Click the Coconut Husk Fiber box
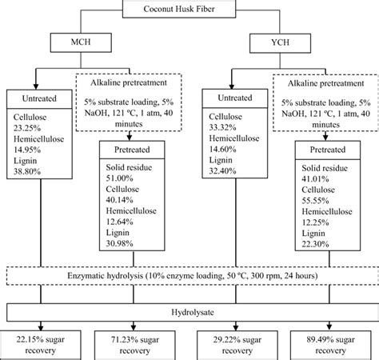pyautogui.click(x=190, y=10)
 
